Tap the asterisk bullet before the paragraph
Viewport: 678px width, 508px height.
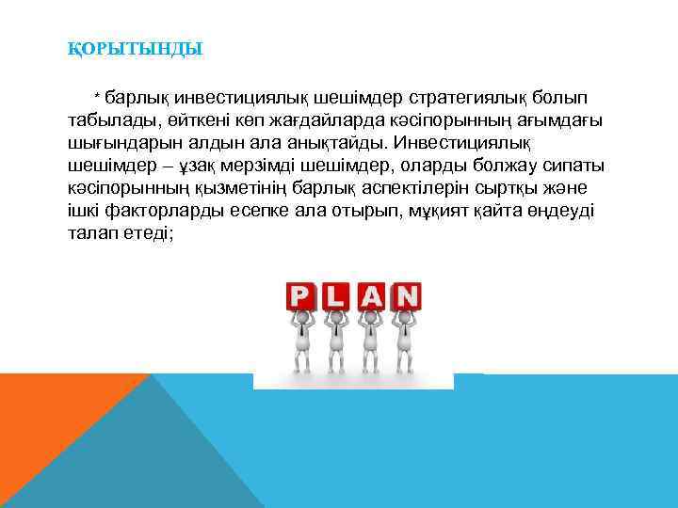[x=96, y=98]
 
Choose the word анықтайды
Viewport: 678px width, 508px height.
[x=336, y=144]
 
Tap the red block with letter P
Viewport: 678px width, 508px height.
[x=300, y=297]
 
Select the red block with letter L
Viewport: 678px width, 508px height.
[x=336, y=297]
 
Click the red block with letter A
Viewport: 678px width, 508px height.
[x=372, y=297]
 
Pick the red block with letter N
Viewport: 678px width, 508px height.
[x=407, y=297]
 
